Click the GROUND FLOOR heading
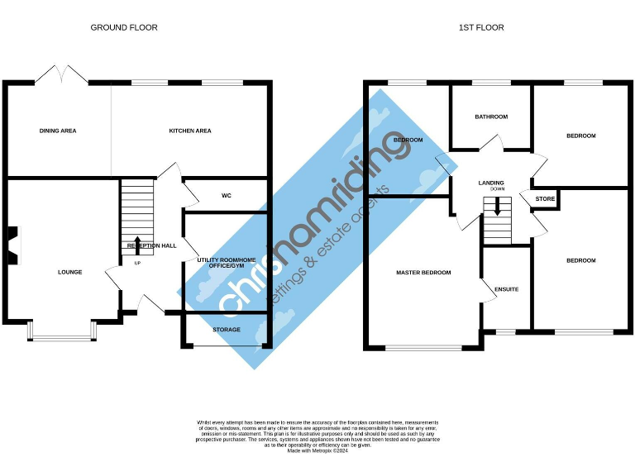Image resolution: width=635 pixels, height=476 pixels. coord(124,27)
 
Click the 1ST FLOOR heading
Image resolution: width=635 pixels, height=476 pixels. coord(481,27)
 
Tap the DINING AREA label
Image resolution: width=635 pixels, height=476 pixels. coord(58,131)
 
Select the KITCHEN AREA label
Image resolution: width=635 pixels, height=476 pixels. coord(190,131)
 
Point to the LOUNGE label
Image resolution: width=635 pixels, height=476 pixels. coord(69,272)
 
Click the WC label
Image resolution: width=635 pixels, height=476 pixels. coord(226,197)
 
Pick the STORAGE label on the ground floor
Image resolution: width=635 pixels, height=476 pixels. coord(227,330)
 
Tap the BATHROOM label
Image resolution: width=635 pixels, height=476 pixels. coord(491,117)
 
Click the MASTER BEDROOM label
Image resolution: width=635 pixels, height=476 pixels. coord(423,273)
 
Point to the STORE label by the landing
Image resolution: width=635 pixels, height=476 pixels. coord(545,199)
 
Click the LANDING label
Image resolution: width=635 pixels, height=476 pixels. coord(491,183)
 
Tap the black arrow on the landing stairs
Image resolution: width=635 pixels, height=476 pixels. coord(497,207)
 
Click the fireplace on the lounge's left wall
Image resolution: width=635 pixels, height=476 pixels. coord(12,245)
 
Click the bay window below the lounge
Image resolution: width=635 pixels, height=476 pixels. coord(63,333)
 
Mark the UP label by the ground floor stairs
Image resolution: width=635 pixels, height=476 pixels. coord(137,264)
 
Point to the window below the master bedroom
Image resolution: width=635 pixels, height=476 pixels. coord(423,347)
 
